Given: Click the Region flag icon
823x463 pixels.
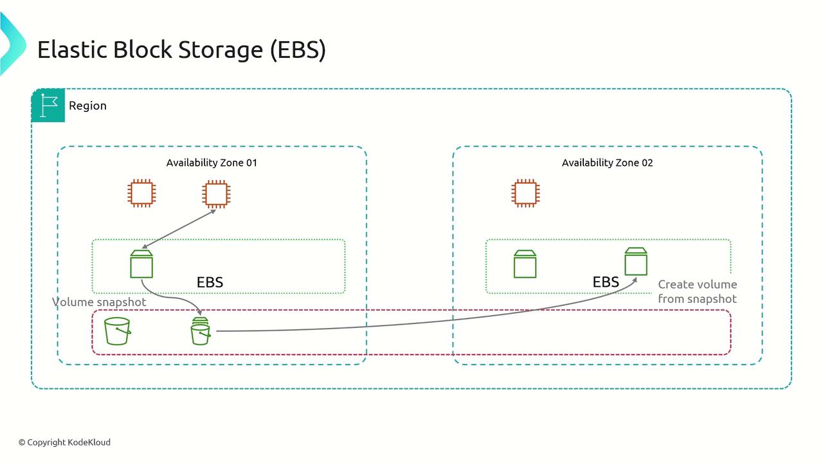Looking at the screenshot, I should point(48,105).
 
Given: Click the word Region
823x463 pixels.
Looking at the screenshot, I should point(87,105).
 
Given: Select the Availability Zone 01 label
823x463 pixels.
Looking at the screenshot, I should point(212,163).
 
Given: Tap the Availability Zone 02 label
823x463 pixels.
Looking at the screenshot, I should point(607,163).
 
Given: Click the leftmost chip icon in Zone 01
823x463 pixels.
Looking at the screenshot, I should point(141,193).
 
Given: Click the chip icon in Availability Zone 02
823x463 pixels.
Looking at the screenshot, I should point(525,193).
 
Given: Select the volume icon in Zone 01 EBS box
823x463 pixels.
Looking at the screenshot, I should point(141,264).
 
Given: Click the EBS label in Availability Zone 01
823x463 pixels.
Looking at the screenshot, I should point(210,282).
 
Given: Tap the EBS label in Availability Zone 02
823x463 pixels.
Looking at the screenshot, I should point(606,282).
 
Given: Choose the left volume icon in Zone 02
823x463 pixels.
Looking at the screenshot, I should point(525,264).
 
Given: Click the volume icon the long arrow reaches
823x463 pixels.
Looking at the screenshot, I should point(636,261).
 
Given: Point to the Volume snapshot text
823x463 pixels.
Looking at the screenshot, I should point(99,302).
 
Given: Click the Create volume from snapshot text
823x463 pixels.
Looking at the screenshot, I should point(697,291).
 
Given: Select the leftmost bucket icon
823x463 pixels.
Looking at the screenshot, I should point(118,331).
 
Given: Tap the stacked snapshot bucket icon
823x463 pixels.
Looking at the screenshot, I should point(201,331).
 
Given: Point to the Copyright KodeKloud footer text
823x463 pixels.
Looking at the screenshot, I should point(64,442).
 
